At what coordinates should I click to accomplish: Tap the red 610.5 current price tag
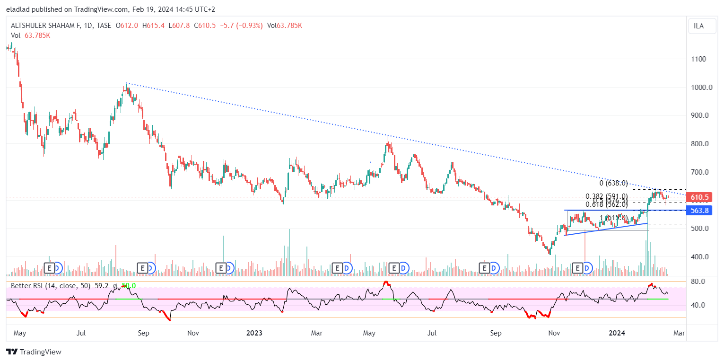699,197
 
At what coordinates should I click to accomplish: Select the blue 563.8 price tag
699,211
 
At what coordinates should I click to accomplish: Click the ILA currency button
698,26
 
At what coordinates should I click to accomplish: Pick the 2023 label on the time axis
254,333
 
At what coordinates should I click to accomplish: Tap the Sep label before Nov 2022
143,333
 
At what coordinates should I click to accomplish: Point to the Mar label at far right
679,333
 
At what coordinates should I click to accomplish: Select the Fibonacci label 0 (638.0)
613,183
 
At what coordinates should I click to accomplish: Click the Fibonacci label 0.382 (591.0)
607,196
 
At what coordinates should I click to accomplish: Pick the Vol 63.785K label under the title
30,35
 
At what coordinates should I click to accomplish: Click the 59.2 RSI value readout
102,286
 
